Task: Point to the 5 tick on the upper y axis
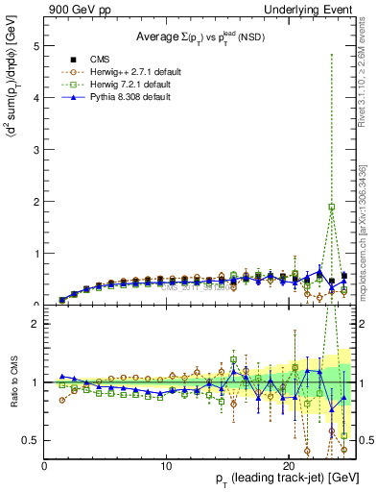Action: (x=35, y=46)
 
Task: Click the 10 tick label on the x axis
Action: (x=166, y=466)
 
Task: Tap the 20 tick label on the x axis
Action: (x=289, y=466)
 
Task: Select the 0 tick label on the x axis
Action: (x=44, y=466)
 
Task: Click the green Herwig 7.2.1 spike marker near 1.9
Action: (x=332, y=207)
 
